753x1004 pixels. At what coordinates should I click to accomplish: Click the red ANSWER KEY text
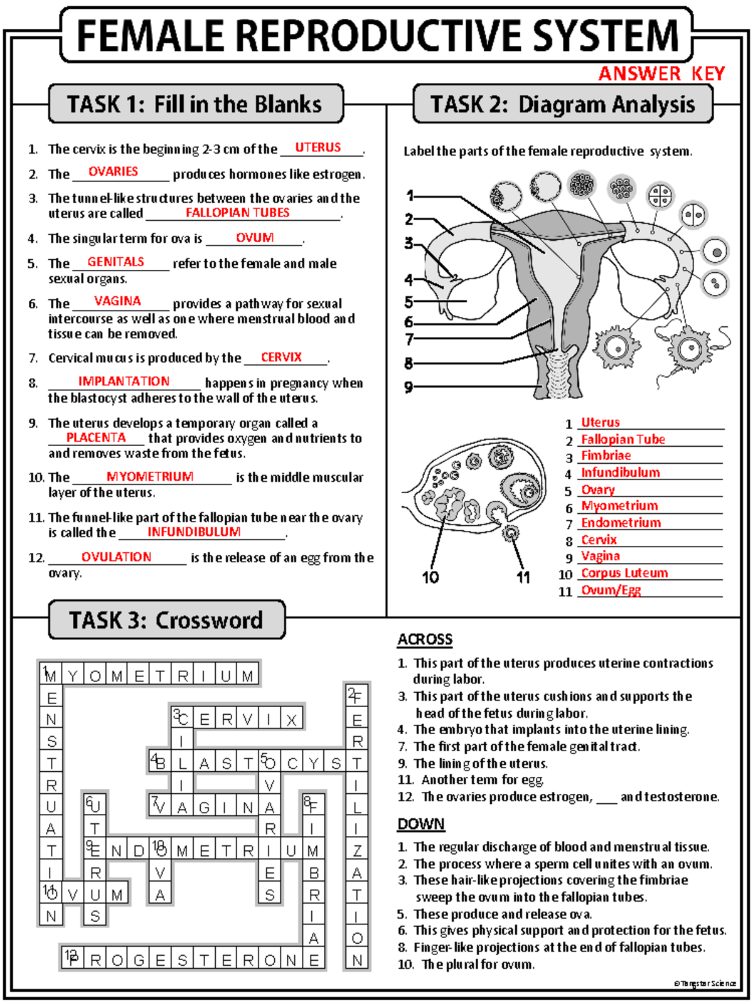[661, 74]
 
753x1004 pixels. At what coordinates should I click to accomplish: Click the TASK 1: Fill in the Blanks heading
[195, 104]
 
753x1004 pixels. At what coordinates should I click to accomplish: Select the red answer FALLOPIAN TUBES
[237, 213]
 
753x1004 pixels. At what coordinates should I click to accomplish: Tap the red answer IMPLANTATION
[124, 382]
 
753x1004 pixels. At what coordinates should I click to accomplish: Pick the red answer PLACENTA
[96, 437]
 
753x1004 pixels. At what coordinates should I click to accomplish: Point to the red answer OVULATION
[116, 557]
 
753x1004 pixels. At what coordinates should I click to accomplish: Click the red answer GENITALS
[115, 262]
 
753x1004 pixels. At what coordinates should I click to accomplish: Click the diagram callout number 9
[409, 387]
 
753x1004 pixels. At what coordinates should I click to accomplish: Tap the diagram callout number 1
[410, 196]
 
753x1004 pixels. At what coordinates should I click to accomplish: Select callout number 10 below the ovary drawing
[430, 577]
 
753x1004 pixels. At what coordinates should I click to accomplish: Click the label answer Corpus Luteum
[624, 573]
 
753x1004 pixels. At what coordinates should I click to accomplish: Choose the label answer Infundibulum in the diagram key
[620, 473]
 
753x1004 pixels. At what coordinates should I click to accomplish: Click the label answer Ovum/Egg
[611, 590]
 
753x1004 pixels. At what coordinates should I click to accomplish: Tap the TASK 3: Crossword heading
[166, 620]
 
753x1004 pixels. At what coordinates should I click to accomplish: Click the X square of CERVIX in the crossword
[291, 720]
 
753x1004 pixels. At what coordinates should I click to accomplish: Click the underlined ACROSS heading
[425, 639]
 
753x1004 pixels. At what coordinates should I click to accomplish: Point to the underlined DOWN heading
[420, 824]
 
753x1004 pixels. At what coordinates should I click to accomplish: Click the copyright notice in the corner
[705, 983]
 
